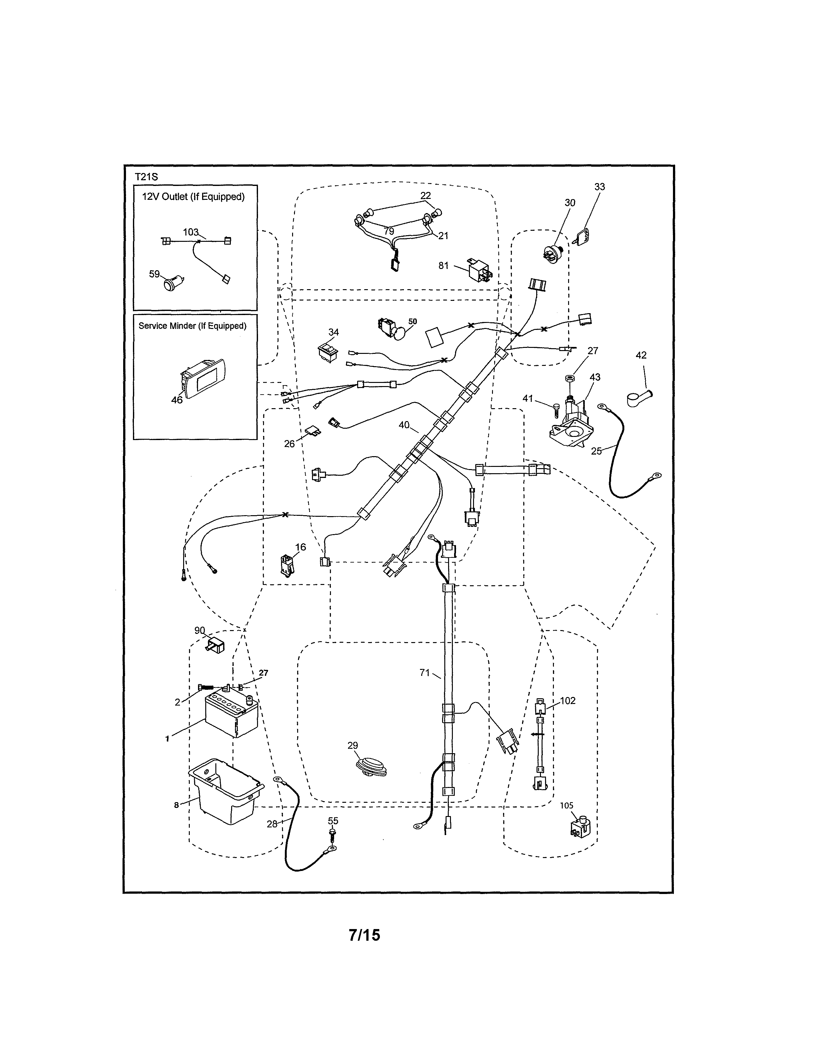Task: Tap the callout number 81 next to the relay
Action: pos(443,266)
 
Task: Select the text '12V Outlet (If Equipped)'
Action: pos(193,197)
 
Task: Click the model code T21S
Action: pos(146,177)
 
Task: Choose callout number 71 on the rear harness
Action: pos(424,672)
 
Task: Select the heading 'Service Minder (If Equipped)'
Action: pos(192,326)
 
